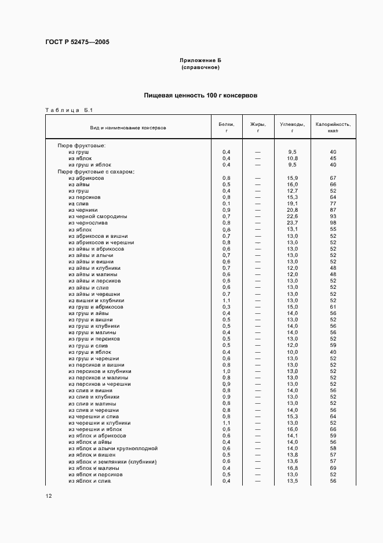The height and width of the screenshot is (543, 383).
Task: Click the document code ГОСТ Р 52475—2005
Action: (x=78, y=42)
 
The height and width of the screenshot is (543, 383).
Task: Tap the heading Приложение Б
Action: (x=200, y=60)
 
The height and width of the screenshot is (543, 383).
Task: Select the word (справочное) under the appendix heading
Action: (x=200, y=67)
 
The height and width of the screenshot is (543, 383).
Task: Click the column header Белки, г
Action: (x=226, y=127)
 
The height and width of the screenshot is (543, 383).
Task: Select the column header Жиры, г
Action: (x=257, y=127)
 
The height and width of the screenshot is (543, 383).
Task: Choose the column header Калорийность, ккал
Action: (x=333, y=127)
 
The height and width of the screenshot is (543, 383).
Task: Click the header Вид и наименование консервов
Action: (x=127, y=127)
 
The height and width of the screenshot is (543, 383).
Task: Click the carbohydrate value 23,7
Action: (x=292, y=223)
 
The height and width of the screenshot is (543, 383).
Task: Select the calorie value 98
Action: (x=333, y=223)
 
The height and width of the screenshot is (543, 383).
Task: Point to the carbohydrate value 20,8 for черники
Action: (x=292, y=210)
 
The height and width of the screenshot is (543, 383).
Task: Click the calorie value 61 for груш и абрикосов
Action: (x=333, y=306)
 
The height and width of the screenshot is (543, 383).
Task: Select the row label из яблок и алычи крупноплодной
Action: (x=113, y=448)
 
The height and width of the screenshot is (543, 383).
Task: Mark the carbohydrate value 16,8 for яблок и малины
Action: (x=292, y=468)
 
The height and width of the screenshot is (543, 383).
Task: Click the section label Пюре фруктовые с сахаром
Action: (x=96, y=172)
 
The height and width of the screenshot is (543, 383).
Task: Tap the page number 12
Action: (x=49, y=496)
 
